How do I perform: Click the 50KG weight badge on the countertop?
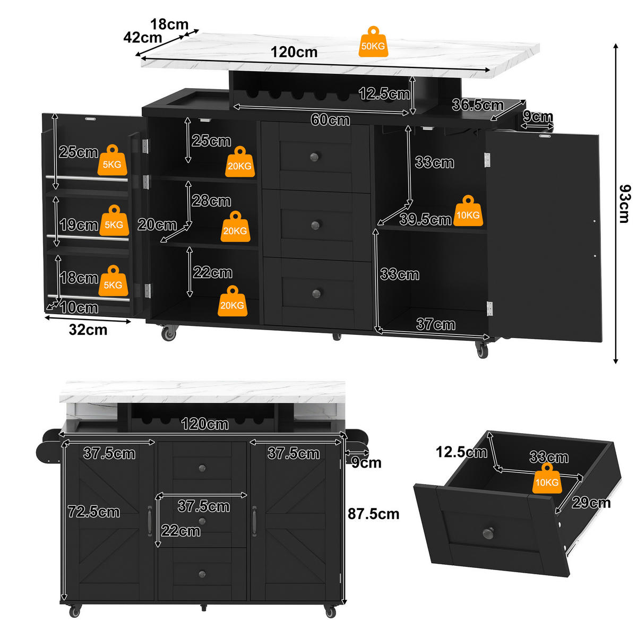coord(373,42)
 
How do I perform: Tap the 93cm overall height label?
coord(625,204)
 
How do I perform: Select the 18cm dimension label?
coord(169,24)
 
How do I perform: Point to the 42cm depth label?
coord(142,37)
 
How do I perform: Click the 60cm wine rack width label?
coord(330,119)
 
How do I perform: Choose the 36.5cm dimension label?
coord(478,105)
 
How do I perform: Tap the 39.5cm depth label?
coord(425,219)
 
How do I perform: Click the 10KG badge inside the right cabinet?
coord(468,211)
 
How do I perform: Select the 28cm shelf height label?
coord(211,201)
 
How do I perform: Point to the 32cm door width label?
coord(88,330)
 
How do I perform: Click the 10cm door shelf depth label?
coord(79,307)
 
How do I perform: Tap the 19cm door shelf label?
coord(79,225)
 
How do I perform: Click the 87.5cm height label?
coord(373,514)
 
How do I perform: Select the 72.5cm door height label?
coord(94,512)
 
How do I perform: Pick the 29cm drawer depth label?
coord(591,503)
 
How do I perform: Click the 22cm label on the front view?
coord(181,531)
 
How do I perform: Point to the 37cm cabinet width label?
coord(436,324)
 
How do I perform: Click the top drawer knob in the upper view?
coord(314,157)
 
